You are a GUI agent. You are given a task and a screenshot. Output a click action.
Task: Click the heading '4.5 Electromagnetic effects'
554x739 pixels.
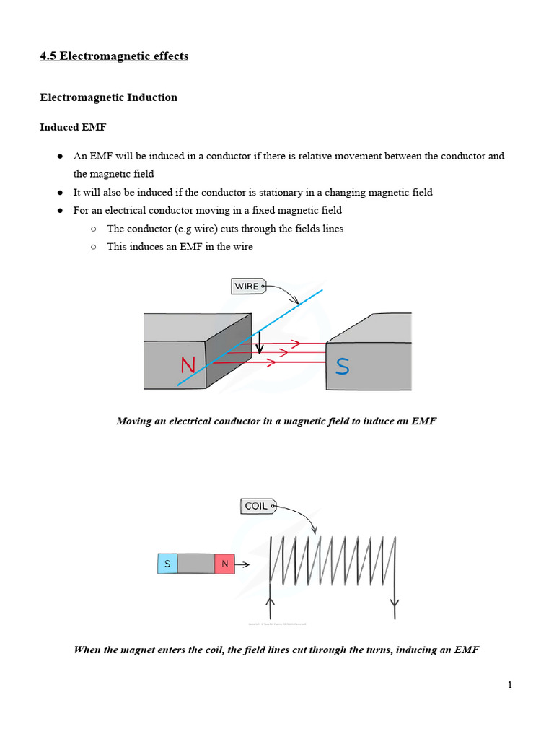tap(114, 56)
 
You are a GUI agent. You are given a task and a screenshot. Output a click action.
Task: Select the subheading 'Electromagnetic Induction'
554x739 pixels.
tap(108, 97)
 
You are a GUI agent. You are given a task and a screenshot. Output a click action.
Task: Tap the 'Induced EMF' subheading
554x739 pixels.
tap(73, 127)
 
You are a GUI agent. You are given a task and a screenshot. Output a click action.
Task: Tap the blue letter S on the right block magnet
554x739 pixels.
tap(343, 367)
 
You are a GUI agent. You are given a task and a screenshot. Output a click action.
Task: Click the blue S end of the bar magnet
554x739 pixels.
tap(167, 564)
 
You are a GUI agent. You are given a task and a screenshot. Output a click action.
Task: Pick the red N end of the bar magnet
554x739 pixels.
tap(224, 564)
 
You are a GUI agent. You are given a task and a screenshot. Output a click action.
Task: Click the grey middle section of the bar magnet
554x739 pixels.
tap(195, 564)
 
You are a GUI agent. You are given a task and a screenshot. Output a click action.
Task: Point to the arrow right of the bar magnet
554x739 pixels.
tap(243, 564)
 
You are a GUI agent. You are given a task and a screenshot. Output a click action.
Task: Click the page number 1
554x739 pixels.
tap(509, 685)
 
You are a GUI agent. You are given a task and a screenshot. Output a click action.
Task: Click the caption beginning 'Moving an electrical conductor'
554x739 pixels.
tap(276, 421)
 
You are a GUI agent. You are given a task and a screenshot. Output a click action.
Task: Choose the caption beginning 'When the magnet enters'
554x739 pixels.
tap(276, 650)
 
